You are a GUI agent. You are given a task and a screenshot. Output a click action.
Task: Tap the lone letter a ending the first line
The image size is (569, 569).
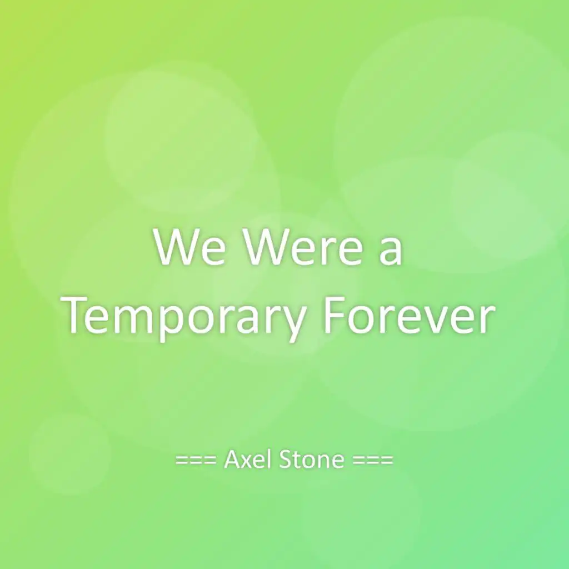pos(391,251)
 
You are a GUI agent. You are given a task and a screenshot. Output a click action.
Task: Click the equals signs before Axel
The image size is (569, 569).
pos(196,460)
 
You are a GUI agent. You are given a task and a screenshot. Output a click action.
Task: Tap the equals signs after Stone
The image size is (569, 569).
pos(373,460)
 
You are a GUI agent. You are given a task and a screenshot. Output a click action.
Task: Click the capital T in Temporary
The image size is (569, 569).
pos(78,315)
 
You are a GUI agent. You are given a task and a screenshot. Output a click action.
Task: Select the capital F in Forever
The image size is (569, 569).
pos(334,315)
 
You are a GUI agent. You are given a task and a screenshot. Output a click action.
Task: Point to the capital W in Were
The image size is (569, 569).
pos(267,247)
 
